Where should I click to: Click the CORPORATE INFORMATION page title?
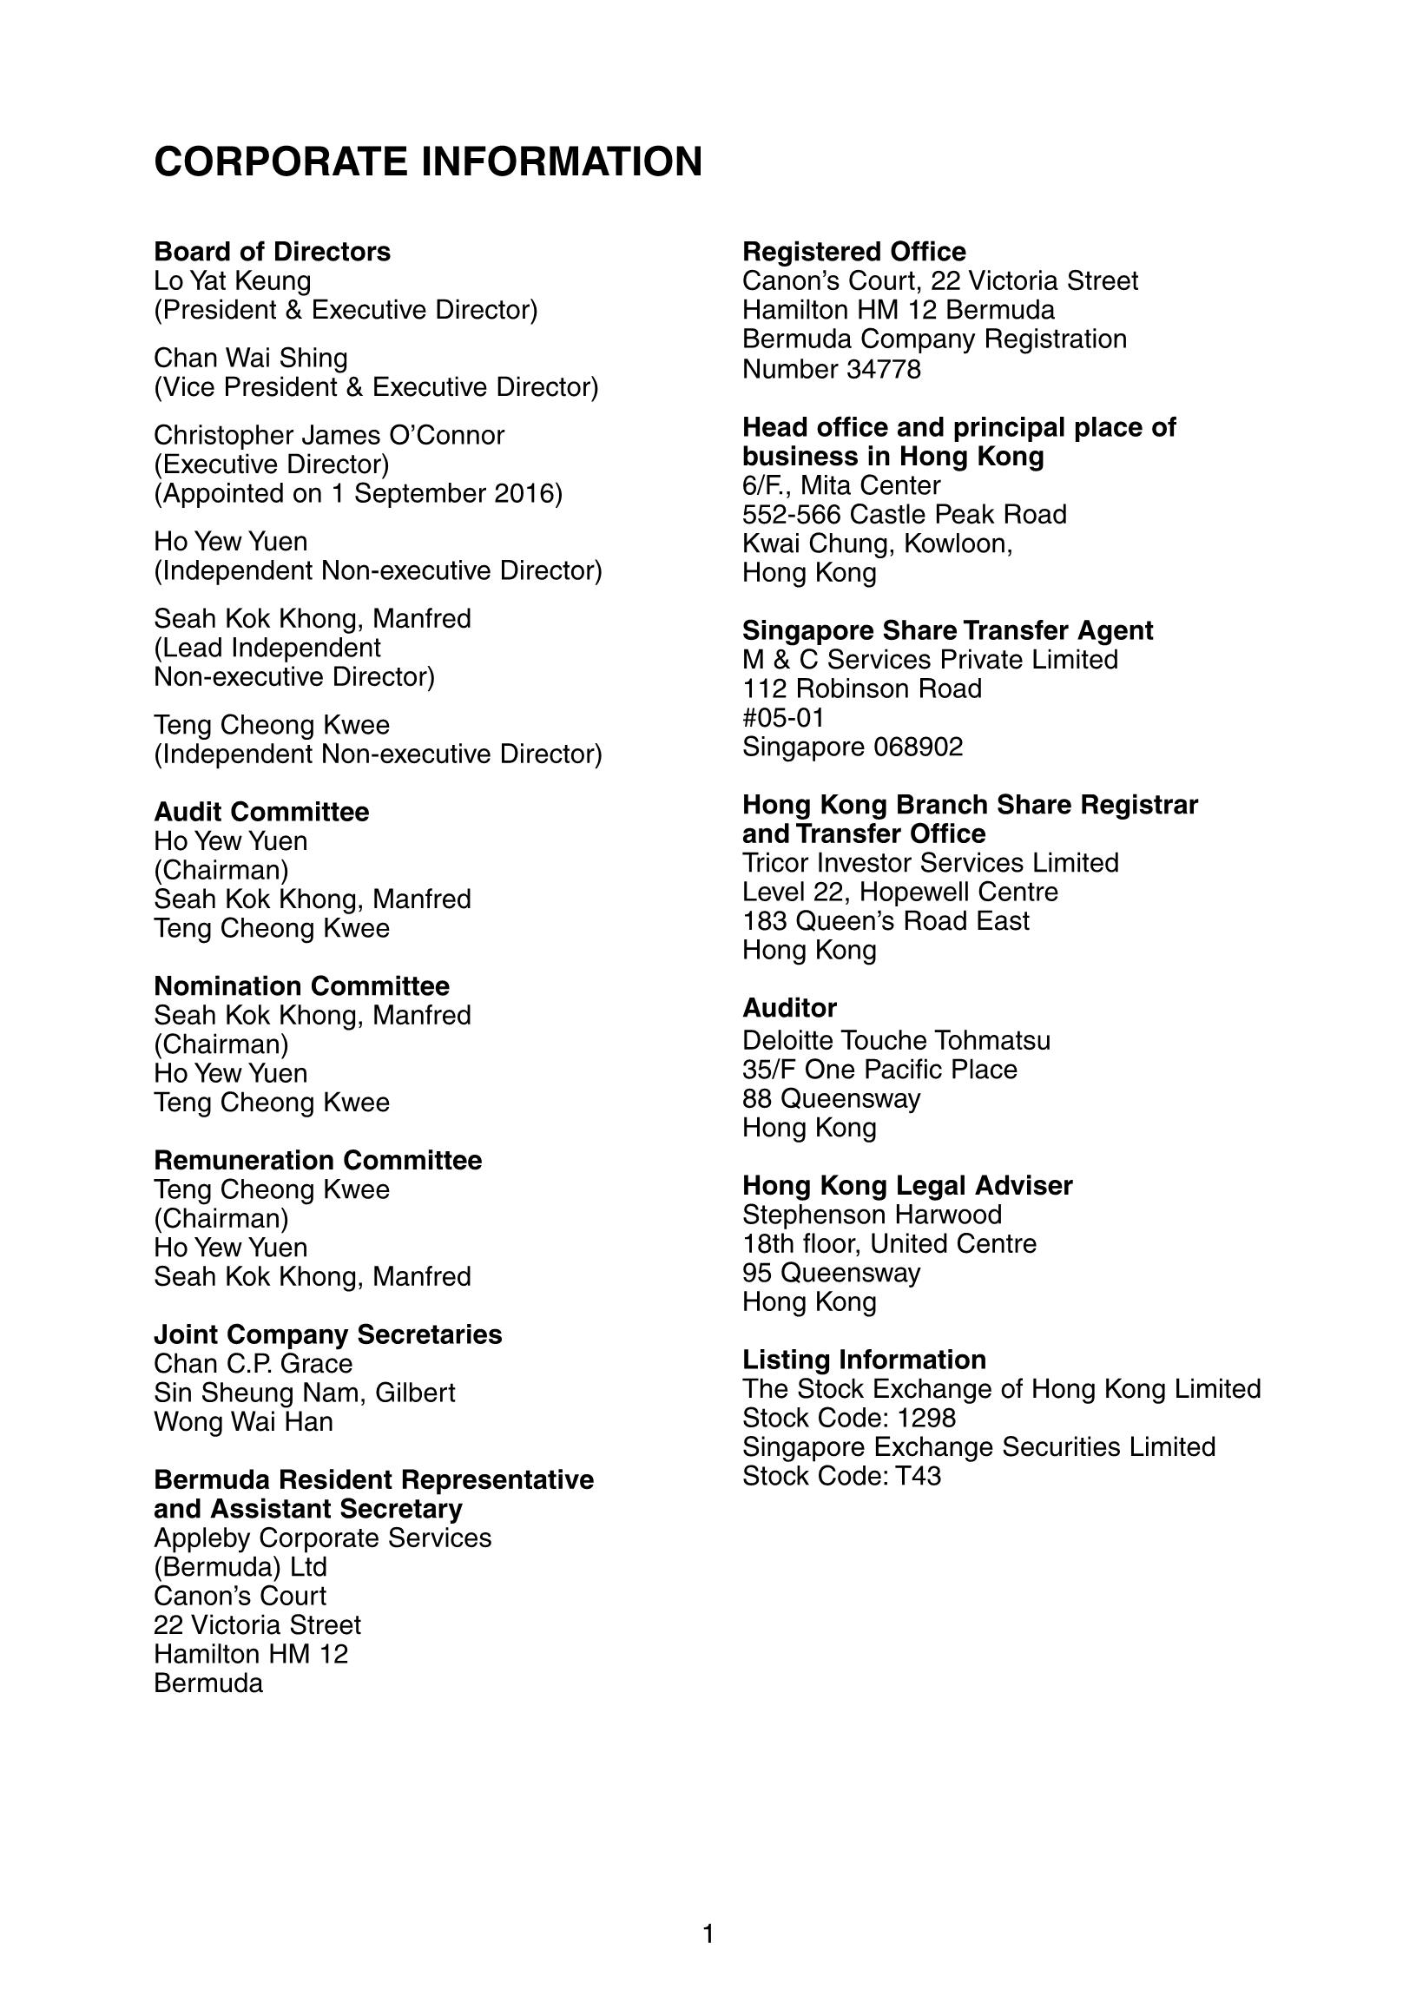[x=428, y=161]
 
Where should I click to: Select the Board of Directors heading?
[x=272, y=252]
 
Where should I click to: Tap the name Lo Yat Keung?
[x=232, y=281]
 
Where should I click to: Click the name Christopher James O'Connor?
[x=329, y=435]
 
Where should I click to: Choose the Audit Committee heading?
[x=260, y=812]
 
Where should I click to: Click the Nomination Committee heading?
[x=301, y=986]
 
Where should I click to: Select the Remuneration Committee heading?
[x=318, y=1160]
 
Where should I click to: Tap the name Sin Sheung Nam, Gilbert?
[x=305, y=1392]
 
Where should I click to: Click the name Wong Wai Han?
[x=243, y=1421]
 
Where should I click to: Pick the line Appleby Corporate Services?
[x=322, y=1538]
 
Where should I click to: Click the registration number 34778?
[x=883, y=369]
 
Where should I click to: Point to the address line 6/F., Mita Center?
[x=841, y=484]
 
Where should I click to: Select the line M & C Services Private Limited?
[x=930, y=659]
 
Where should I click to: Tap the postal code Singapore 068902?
[x=853, y=747]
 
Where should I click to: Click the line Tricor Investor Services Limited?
[x=931, y=863]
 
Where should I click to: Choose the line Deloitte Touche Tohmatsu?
[x=896, y=1040]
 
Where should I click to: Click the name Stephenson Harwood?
[x=872, y=1215]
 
